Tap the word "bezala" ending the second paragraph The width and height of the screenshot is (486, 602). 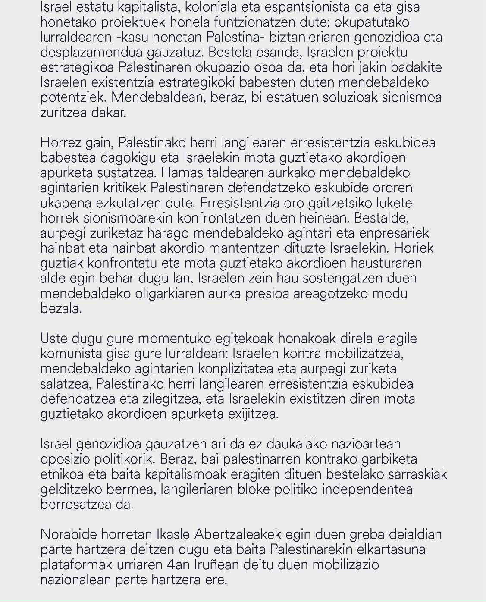click(x=60, y=309)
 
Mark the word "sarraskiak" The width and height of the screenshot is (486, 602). click(x=417, y=474)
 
